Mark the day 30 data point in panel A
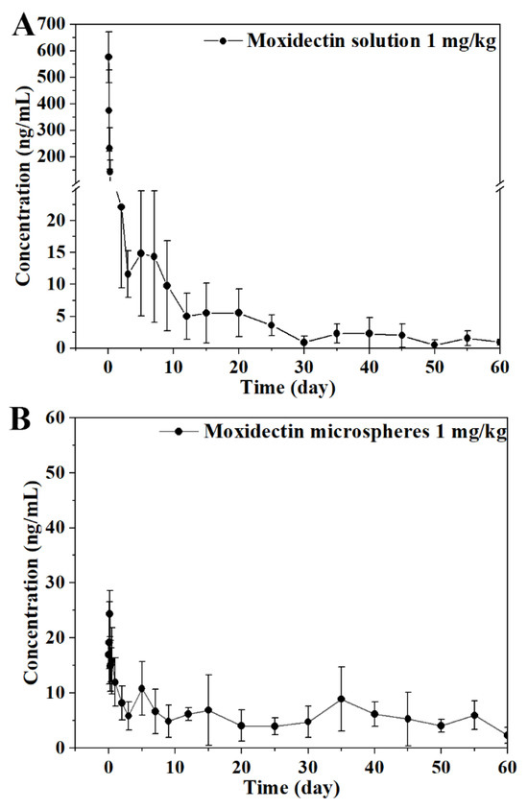coord(304,342)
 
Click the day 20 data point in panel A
coord(238,313)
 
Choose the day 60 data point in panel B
coord(506,735)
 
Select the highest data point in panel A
coord(108,57)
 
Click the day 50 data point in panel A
coord(434,345)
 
